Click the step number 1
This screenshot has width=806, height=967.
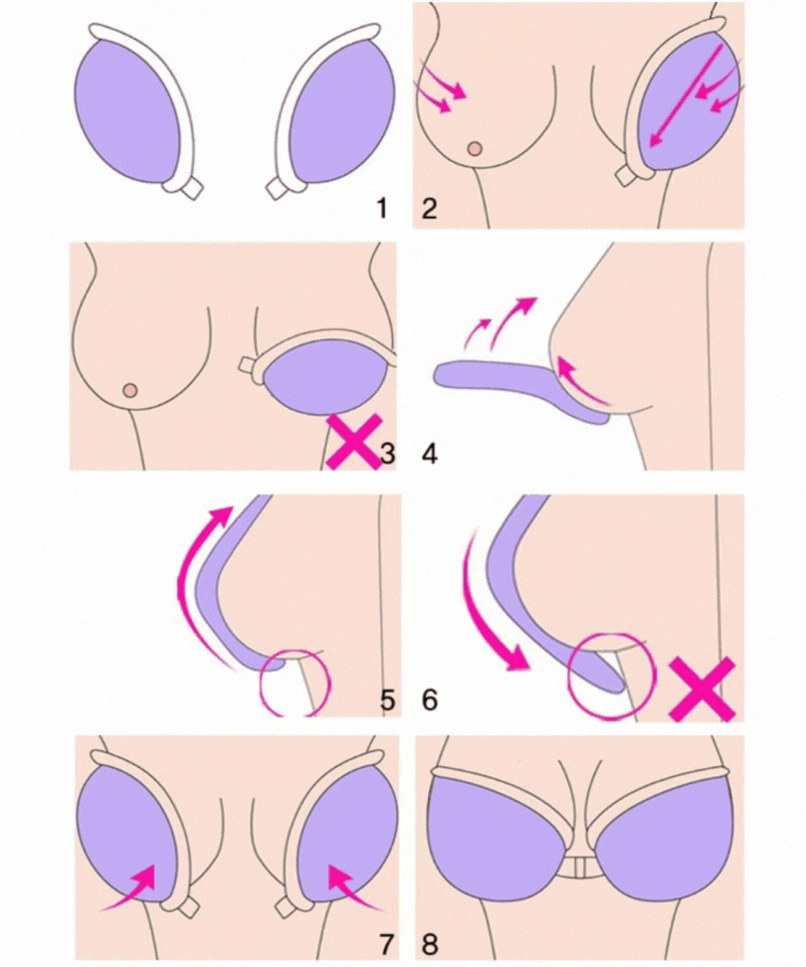pyautogui.click(x=382, y=209)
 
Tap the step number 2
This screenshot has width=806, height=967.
pyautogui.click(x=429, y=209)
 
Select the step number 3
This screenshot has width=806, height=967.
pyautogui.click(x=387, y=454)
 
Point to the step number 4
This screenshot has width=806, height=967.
pyautogui.click(x=429, y=454)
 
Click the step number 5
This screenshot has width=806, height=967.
pyautogui.click(x=387, y=700)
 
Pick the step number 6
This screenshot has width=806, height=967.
pyautogui.click(x=429, y=700)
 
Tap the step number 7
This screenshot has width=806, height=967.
pyautogui.click(x=385, y=943)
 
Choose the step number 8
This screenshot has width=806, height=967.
pyautogui.click(x=429, y=943)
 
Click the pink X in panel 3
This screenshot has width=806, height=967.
pyautogui.click(x=351, y=442)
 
